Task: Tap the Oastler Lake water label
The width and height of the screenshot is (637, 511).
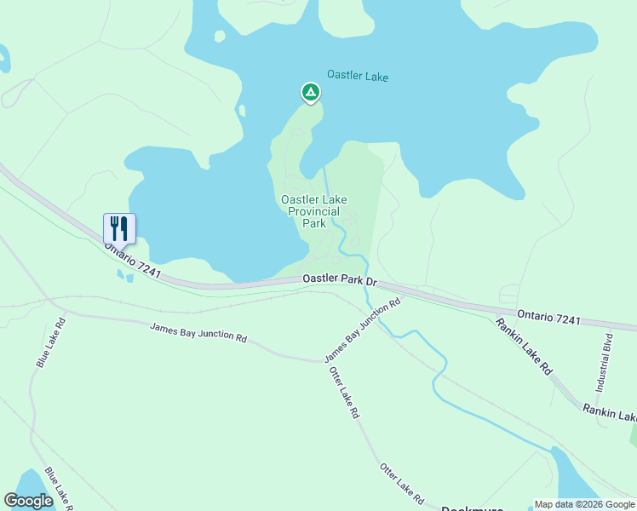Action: [x=358, y=77]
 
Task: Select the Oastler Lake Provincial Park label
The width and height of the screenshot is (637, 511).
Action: [x=314, y=211]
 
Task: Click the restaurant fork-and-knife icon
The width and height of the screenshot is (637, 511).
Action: [x=119, y=227]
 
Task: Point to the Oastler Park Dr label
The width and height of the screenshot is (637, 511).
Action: [x=339, y=279]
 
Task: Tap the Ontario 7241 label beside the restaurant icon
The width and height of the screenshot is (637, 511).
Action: [x=133, y=261]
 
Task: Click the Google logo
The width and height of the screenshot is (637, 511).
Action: [x=28, y=501]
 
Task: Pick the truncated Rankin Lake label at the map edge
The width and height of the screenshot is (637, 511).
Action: [x=610, y=413]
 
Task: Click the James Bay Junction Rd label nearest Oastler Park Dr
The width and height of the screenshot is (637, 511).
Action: [x=362, y=330]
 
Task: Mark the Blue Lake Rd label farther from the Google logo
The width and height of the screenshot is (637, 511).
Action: [x=51, y=342]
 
